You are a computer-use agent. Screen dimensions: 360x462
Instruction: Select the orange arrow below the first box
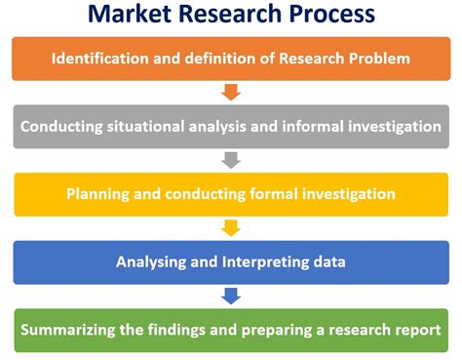(x=231, y=93)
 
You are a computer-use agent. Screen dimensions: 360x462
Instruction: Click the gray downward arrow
(x=231, y=160)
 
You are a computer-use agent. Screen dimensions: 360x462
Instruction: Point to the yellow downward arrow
(x=231, y=227)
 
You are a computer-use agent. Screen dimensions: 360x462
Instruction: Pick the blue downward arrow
(x=231, y=295)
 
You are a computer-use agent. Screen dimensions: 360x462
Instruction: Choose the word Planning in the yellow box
(x=97, y=193)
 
